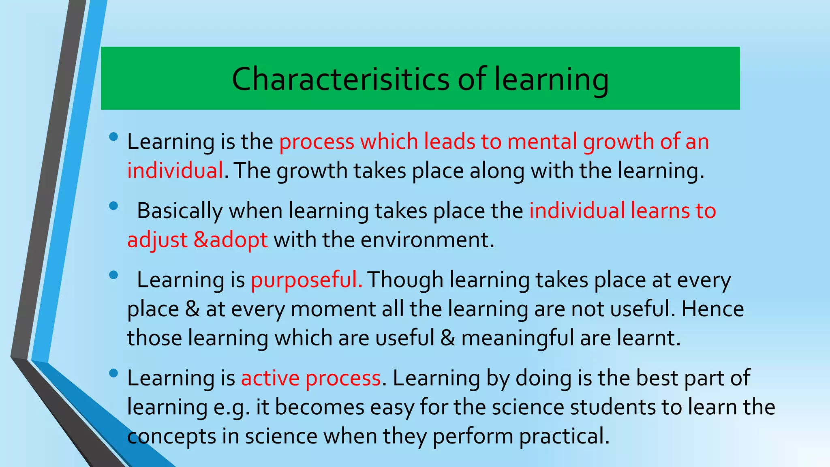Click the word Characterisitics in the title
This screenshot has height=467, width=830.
pyautogui.click(x=340, y=79)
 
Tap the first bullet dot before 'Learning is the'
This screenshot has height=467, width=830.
pyautogui.click(x=113, y=137)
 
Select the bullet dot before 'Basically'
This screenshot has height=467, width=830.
pyautogui.click(x=113, y=206)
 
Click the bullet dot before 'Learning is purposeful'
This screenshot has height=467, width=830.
pyautogui.click(x=113, y=275)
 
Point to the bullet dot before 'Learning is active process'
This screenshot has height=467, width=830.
pyautogui.click(x=113, y=373)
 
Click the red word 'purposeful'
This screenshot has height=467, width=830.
pyautogui.click(x=306, y=280)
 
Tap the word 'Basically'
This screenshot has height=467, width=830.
pyautogui.click(x=180, y=211)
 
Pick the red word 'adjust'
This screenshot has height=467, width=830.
pyautogui.click(x=157, y=240)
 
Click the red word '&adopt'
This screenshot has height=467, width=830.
pyautogui.click(x=231, y=240)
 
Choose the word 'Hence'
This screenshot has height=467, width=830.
pyautogui.click(x=713, y=309)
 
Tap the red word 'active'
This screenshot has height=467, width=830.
pyautogui.click(x=270, y=378)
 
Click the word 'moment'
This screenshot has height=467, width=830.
pyautogui.click(x=333, y=309)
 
